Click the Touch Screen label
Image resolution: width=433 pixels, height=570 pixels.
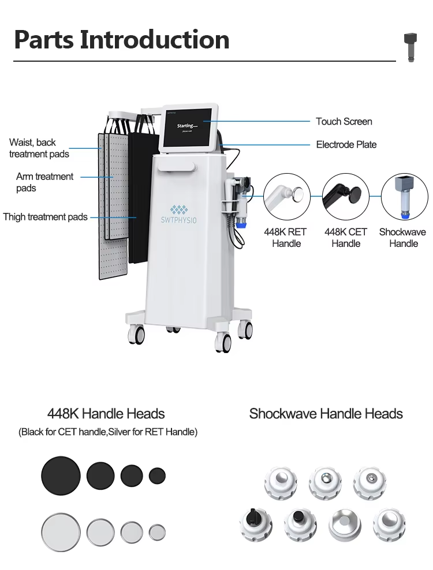344,121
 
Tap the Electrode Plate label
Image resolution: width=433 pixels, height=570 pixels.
346,145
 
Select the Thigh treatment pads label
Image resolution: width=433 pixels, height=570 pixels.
45,217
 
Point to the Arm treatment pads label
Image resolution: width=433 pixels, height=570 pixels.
44,182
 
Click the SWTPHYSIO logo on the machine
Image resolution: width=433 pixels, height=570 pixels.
178,215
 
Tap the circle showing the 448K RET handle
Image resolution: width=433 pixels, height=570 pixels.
287,197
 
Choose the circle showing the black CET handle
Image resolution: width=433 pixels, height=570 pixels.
345,197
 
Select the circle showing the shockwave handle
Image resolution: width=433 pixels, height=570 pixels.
404,197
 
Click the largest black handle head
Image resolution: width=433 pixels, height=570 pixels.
61,475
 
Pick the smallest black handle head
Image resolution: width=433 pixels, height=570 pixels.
157,475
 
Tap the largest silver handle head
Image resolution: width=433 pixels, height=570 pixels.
61,532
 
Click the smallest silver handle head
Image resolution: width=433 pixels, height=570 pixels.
157,532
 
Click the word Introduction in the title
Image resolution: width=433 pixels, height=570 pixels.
155,39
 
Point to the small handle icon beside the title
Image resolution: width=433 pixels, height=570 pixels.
410,47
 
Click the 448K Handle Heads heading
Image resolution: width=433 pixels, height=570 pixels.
106,414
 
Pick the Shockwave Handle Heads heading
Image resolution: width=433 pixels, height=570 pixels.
326,414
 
